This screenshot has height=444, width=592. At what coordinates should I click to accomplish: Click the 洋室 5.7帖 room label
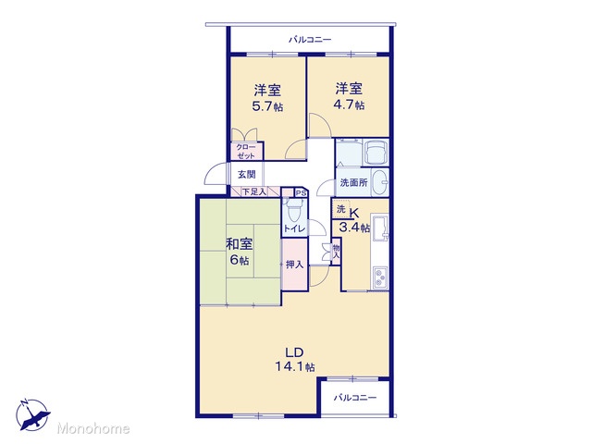pos(267,98)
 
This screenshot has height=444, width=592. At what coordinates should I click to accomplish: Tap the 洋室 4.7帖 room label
pos(349,96)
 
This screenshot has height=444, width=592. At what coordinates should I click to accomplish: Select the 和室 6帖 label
pos(240,252)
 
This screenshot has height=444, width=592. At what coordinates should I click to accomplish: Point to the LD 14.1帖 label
pos(295,360)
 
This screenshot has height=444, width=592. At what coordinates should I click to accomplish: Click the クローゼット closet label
pos(246,151)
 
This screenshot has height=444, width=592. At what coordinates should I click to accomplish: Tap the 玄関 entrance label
pos(247,175)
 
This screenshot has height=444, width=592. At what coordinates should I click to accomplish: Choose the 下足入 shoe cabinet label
pos(253,191)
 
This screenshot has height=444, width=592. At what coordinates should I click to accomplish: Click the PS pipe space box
pos(301,193)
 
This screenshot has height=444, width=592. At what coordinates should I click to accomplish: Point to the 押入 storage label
pos(294,265)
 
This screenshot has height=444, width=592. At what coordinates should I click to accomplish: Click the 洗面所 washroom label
pos(353,183)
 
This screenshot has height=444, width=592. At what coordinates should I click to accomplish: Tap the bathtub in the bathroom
pos(375,152)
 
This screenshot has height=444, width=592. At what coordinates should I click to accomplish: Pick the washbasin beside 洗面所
pos(380,181)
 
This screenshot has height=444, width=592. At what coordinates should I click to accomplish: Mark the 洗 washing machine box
pos(341,209)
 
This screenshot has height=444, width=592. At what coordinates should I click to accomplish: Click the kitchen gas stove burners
pos(380,278)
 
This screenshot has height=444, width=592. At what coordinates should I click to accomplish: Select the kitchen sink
pos(380,228)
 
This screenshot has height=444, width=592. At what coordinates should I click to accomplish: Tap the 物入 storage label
pos(336,252)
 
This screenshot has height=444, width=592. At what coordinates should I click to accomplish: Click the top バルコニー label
pos(310,39)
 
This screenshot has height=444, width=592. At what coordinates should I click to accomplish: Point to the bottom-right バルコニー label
pos(355,398)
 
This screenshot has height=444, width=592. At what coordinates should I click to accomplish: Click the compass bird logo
pos(33,414)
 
